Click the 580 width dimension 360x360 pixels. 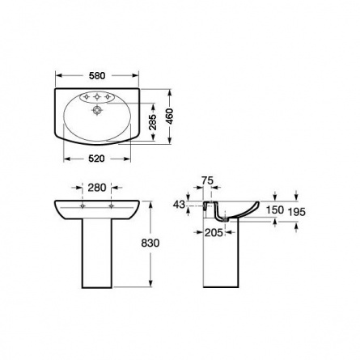[97, 76]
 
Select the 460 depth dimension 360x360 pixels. [169, 116]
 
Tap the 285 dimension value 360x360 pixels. [153, 122]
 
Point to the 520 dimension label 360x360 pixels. [96, 159]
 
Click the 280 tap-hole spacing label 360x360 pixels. [97, 188]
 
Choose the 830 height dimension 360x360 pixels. [150, 243]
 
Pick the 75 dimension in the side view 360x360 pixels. [207, 180]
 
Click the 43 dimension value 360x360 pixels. [179, 205]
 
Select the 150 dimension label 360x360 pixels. [275, 210]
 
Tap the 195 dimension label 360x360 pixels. [297, 212]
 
